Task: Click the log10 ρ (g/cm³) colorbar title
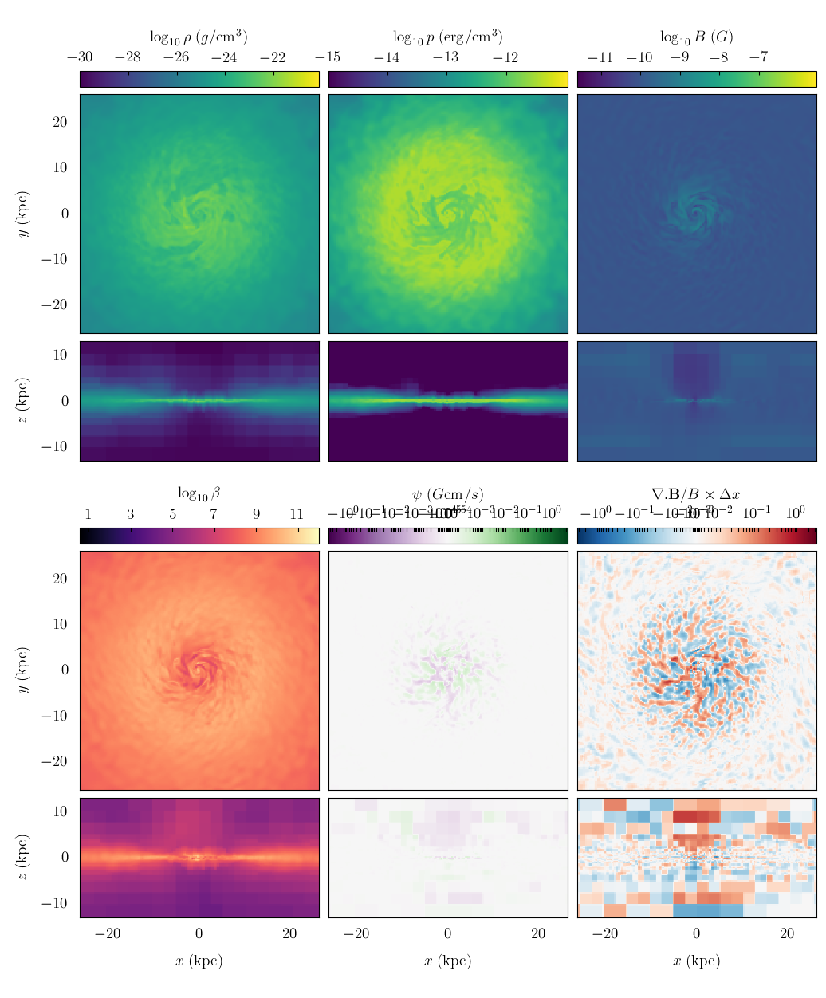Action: [x=199, y=37]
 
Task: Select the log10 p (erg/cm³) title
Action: [x=447, y=37]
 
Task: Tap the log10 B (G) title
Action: [x=696, y=37]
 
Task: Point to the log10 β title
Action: [x=199, y=493]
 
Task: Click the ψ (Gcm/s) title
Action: [x=447, y=494]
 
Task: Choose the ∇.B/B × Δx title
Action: [x=696, y=494]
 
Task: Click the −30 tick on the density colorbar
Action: [x=80, y=57]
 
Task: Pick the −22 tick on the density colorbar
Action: [x=273, y=57]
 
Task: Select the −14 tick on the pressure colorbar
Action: [x=387, y=57]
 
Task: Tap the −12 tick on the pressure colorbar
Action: [x=505, y=57]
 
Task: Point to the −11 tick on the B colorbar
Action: [x=600, y=57]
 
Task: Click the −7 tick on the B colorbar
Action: [x=759, y=57]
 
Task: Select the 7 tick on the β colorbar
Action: [x=213, y=514]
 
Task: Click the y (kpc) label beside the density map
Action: [x=25, y=214]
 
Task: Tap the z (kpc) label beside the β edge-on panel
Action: [x=25, y=858]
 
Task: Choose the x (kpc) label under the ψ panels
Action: [x=447, y=961]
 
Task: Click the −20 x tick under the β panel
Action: [x=108, y=934]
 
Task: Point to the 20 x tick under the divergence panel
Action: [x=787, y=934]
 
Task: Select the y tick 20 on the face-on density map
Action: [x=61, y=122]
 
